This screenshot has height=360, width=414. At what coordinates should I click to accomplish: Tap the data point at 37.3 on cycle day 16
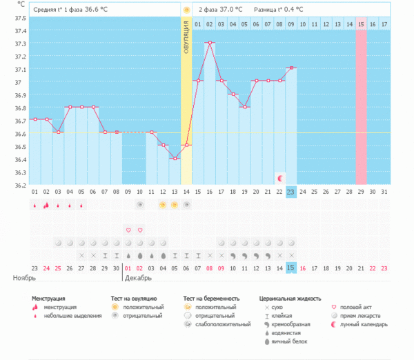coord(210,43)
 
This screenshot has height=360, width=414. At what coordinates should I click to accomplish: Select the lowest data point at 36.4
coord(175,159)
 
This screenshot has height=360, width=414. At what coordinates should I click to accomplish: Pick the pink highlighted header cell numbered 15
coord(361,25)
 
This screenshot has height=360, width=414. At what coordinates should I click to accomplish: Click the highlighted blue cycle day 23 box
coord(291,192)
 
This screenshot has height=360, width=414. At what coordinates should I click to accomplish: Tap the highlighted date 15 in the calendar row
coord(291,268)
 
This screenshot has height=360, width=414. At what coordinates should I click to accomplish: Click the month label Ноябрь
coord(25,278)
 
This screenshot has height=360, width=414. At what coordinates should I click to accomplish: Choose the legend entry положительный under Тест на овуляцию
coord(143,307)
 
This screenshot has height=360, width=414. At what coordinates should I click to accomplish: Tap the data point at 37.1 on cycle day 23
coord(291,68)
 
